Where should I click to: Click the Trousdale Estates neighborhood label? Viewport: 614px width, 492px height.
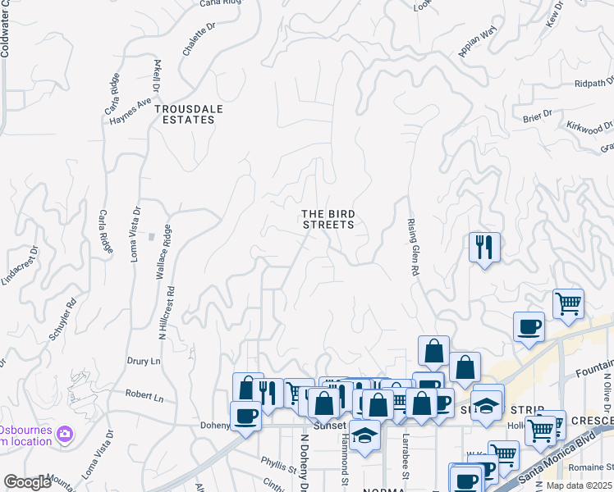point(184,114)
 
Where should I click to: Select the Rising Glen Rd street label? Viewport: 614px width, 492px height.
point(415,246)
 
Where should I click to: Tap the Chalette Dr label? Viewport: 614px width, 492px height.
point(199,39)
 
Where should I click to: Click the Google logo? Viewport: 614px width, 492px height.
point(28,482)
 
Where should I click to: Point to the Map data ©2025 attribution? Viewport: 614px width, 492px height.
point(580,485)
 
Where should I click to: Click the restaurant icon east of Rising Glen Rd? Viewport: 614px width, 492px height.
point(484,246)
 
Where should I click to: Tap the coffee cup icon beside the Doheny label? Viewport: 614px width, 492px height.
point(245,416)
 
